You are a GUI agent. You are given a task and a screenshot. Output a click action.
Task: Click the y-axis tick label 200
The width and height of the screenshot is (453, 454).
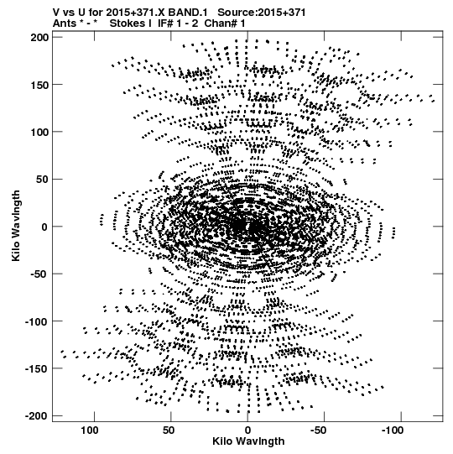coord(40,38)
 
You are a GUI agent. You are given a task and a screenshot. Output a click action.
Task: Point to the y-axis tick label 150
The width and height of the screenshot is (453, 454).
coord(40,85)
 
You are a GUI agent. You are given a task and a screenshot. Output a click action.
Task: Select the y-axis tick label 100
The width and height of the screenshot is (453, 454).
coord(40,132)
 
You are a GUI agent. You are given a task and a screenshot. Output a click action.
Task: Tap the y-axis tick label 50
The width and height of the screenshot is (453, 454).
coord(43,180)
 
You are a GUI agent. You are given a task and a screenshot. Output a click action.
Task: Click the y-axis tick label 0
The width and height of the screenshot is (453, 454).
coord(45,227)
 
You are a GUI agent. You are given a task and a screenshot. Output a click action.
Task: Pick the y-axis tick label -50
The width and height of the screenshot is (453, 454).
coord(39,274)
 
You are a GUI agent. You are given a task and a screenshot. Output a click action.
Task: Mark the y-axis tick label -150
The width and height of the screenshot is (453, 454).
coord(37,369)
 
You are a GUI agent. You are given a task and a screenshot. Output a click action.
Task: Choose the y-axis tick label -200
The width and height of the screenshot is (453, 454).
coord(37,416)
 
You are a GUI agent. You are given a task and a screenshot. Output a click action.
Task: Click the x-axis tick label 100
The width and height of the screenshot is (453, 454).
coord(90,431)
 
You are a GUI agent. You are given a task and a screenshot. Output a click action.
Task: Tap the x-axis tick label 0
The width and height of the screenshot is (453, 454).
coord(247,431)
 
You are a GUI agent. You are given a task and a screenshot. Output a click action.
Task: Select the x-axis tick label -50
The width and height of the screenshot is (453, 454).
coord(320,431)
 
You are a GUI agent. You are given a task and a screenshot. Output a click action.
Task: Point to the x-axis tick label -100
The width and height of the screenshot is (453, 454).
coord(393,431)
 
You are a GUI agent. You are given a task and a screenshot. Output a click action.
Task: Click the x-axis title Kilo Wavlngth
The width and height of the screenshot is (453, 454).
coord(248,441)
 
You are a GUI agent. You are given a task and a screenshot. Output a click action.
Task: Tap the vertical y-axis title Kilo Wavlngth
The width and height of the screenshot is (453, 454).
coord(16,226)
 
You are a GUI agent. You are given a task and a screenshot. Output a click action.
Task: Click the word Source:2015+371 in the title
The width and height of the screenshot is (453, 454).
coord(262,13)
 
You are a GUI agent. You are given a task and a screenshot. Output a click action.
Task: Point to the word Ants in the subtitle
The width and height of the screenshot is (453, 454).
coord(64,23)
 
